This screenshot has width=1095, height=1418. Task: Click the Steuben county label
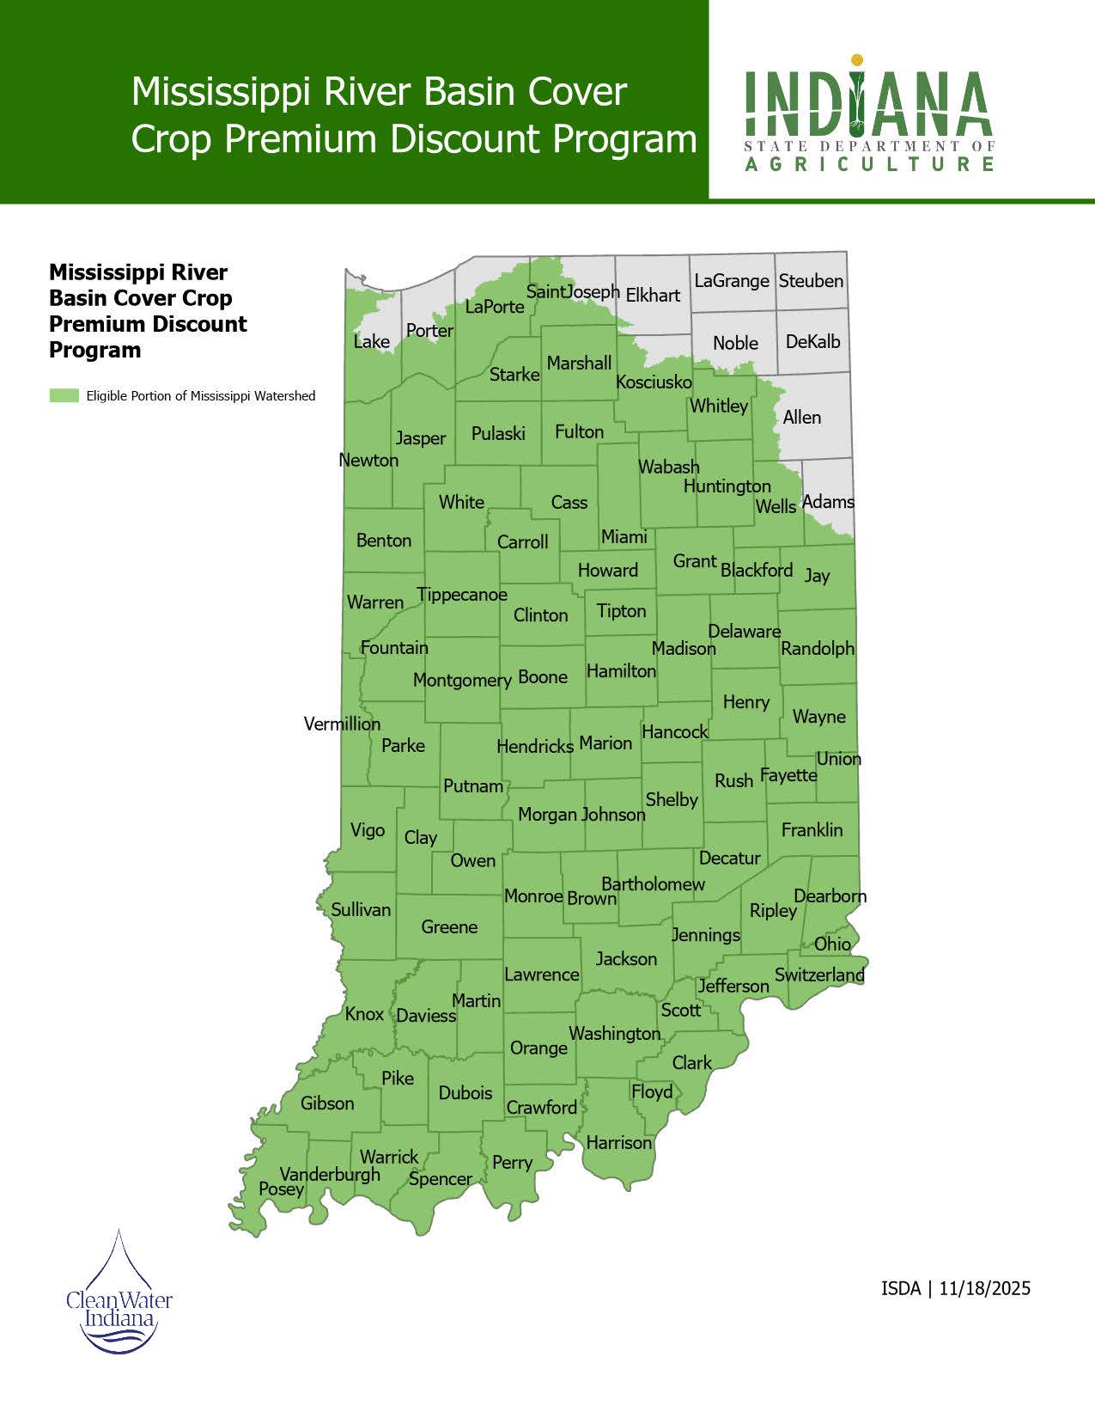pyautogui.click(x=811, y=281)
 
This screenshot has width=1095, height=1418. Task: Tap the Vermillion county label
pyautogui.click(x=342, y=724)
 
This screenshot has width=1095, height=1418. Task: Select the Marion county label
pyautogui.click(x=605, y=743)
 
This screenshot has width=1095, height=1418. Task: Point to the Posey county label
pyautogui.click(x=281, y=1189)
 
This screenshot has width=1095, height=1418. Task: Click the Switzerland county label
pyautogui.click(x=819, y=975)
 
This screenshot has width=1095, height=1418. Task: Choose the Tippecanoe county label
pyautogui.click(x=462, y=595)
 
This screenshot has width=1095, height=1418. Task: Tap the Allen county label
pyautogui.click(x=802, y=418)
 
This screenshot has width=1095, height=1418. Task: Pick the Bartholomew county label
pyautogui.click(x=653, y=884)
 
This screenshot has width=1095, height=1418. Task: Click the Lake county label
pyautogui.click(x=371, y=342)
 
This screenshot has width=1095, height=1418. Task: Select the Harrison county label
pyautogui.click(x=619, y=1143)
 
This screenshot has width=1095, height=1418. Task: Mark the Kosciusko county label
pyautogui.click(x=654, y=382)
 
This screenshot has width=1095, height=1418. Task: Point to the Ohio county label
pyautogui.click(x=832, y=944)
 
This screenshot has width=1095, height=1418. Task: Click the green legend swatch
pyautogui.click(x=64, y=396)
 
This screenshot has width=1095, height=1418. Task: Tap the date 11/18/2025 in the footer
pyautogui.click(x=984, y=1289)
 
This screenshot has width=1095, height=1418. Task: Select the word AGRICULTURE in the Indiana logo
pyautogui.click(x=869, y=163)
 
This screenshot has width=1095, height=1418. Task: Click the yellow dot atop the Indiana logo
pyautogui.click(x=856, y=60)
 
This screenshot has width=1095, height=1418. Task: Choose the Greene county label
pyautogui.click(x=449, y=927)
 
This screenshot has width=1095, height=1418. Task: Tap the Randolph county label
pyautogui.click(x=818, y=649)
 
